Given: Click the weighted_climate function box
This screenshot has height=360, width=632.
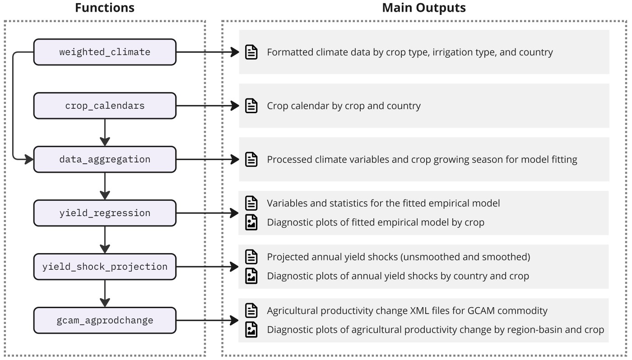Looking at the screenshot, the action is point(105,52).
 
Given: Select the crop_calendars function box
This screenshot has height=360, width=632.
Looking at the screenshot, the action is point(105,106).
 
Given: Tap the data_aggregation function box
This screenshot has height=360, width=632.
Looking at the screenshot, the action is point(105,159).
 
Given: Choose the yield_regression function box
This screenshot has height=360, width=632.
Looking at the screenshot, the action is point(105,213).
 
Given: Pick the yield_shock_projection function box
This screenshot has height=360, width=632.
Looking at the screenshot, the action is point(105,267).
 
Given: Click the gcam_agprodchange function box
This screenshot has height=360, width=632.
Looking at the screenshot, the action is point(105,320).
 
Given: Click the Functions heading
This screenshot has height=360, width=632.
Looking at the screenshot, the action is point(105,8).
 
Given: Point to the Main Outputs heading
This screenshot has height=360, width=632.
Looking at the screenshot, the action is point(424,8).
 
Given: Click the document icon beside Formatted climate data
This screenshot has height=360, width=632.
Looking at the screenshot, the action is point(251,52).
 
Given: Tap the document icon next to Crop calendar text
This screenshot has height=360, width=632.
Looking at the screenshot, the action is point(251,106).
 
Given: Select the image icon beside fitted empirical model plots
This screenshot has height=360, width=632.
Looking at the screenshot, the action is point(251,222).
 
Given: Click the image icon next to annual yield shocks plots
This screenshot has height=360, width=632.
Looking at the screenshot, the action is point(251,276).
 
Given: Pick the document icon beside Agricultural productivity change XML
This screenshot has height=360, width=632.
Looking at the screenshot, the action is point(251,310).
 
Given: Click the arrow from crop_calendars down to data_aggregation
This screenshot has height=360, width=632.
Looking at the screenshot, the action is point(105,132).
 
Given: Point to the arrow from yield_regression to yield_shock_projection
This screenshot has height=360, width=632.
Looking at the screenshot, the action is point(105,240).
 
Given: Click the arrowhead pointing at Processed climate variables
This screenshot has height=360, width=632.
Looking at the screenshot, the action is point(235,159).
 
